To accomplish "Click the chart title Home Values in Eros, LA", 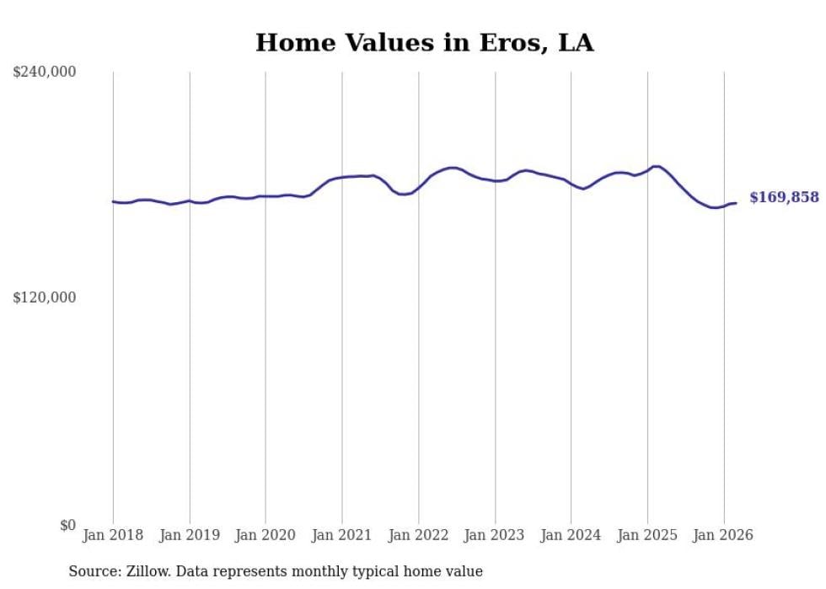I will pos(424,43).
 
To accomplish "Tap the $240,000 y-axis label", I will pos(45,72).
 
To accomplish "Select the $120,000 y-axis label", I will pos(45,297).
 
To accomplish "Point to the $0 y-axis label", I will pos(67,525).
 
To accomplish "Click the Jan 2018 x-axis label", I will pos(113,535).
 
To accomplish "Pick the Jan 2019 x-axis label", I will pos(190,535).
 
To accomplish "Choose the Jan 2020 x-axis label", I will pos(265,535).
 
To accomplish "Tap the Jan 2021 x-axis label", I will pos(342,535).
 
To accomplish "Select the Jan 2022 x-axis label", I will pos(418,535).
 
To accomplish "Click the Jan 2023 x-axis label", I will pos(495,535).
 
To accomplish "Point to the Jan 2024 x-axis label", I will pos(571,535).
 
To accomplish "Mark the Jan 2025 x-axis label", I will pos(647,535).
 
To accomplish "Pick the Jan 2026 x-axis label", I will pos(723,535).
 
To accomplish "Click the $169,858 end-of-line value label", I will pos(783,197).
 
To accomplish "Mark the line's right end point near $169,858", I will pos(736,203).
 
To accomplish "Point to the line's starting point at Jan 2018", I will pos(113,201).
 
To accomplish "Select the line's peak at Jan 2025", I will pos(655,167).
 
